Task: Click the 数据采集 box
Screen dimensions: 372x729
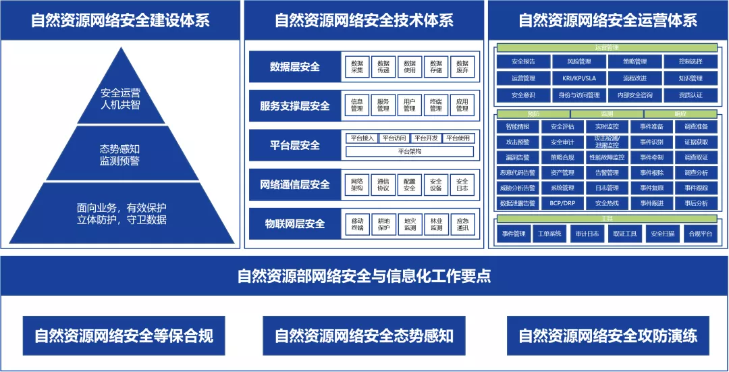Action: point(357,67)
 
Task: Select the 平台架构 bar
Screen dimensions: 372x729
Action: point(410,152)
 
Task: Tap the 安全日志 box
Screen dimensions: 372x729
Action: point(462,184)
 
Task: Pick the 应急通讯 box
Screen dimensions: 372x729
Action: point(462,224)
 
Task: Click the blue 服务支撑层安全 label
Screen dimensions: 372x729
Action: point(295,106)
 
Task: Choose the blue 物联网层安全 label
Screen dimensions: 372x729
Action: point(295,224)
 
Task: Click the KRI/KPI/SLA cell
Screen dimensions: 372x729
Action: point(578,78)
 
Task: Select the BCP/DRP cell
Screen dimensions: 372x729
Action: point(562,203)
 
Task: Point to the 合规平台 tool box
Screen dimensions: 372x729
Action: point(699,234)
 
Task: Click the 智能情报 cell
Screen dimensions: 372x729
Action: point(518,127)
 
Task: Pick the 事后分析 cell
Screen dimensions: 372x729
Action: point(696,203)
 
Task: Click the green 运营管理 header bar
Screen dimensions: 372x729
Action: point(607,48)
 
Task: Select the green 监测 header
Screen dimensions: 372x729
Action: point(607,114)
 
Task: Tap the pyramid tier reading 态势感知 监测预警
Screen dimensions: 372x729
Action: point(119,155)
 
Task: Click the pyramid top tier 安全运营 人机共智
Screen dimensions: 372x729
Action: point(120,99)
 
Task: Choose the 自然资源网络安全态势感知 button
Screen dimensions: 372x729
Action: point(364,336)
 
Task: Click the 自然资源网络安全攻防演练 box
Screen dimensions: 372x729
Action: point(607,336)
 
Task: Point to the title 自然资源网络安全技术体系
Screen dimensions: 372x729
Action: point(364,20)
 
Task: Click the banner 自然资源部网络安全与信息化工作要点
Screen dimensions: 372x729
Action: point(364,276)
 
